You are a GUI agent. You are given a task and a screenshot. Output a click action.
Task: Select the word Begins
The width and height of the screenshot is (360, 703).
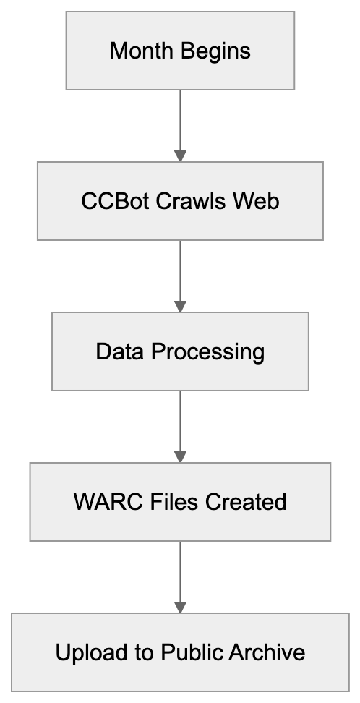[x=213, y=51]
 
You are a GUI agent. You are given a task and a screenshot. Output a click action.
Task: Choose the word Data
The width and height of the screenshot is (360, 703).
[x=119, y=351]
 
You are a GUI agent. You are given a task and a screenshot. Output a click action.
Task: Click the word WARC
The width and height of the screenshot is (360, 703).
[x=103, y=502]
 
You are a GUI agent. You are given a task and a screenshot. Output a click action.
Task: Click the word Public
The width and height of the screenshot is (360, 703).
[x=193, y=652]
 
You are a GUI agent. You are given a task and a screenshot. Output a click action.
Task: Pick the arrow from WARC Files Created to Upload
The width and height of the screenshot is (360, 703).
[x=180, y=573]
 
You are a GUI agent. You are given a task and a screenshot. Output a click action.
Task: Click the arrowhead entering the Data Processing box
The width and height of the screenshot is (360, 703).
[x=180, y=307]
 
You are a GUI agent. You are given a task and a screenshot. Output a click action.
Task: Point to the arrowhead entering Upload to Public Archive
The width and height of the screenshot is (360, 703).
[x=180, y=608]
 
